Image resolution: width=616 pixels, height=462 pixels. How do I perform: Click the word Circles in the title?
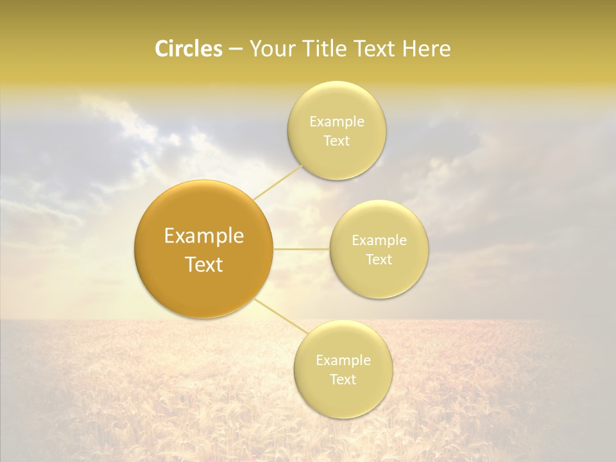tap(188, 49)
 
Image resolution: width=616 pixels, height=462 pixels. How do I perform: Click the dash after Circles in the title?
tap(235, 49)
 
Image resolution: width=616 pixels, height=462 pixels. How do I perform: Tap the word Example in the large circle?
tap(204, 236)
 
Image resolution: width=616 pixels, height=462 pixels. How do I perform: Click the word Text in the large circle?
tap(204, 264)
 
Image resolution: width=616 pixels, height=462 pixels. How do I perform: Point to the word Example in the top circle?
tap(337, 122)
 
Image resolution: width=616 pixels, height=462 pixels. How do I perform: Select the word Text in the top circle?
tap(337, 141)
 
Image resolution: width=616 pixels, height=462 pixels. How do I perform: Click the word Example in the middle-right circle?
tap(379, 241)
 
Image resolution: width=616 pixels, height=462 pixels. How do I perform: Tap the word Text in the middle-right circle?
tap(379, 260)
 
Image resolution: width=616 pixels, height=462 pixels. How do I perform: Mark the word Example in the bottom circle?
tap(343, 361)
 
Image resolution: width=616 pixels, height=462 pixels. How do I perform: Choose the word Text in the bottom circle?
tap(343, 380)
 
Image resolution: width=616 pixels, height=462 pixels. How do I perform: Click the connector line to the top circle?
tap(278, 182)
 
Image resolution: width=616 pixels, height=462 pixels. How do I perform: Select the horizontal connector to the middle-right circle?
tap(301, 249)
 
